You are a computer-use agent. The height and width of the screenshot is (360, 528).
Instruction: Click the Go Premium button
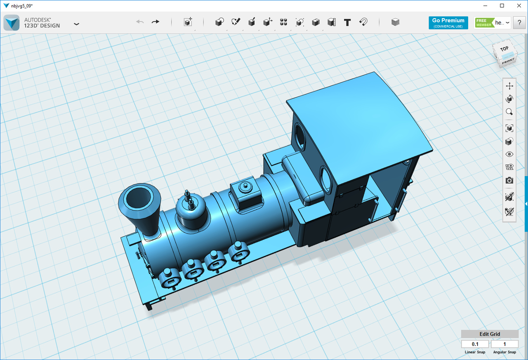[448, 23]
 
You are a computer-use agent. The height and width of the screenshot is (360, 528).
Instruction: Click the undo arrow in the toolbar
[140, 22]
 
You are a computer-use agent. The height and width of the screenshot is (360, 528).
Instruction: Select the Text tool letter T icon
[347, 22]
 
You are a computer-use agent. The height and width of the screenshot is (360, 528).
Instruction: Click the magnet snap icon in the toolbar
[363, 22]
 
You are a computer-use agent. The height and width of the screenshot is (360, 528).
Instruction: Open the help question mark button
[519, 23]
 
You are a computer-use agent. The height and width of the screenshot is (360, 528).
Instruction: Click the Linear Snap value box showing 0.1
[475, 344]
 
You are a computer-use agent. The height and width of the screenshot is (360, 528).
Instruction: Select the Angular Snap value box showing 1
[504, 344]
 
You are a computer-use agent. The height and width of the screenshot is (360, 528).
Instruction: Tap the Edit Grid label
[490, 334]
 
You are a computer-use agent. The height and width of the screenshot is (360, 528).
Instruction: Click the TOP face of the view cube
[504, 49]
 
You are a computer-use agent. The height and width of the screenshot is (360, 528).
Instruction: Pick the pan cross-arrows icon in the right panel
[509, 86]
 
